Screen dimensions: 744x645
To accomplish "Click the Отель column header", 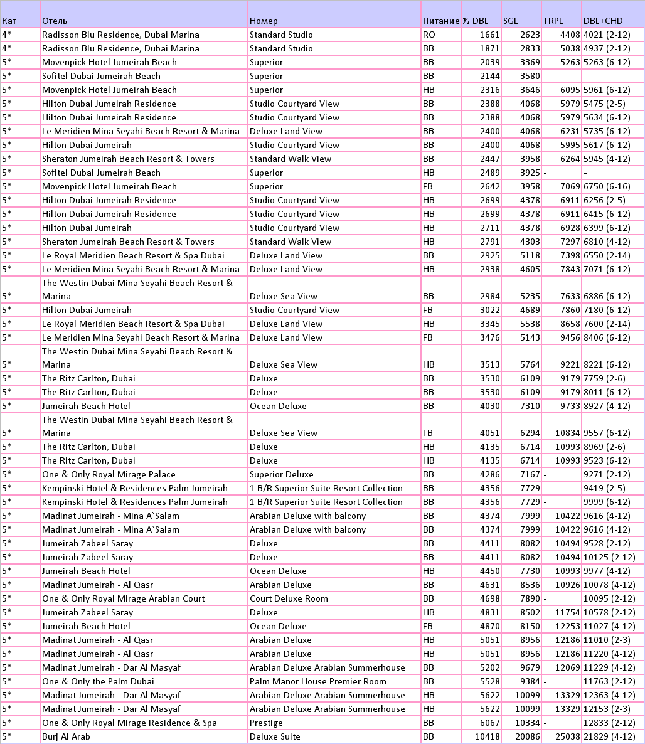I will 51,21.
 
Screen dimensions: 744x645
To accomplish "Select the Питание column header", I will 440,21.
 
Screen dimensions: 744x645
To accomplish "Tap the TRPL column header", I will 553,21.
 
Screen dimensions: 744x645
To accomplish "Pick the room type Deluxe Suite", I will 275,736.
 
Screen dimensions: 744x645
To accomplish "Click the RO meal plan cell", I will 429,35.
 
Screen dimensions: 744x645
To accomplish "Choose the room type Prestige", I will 266,723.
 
